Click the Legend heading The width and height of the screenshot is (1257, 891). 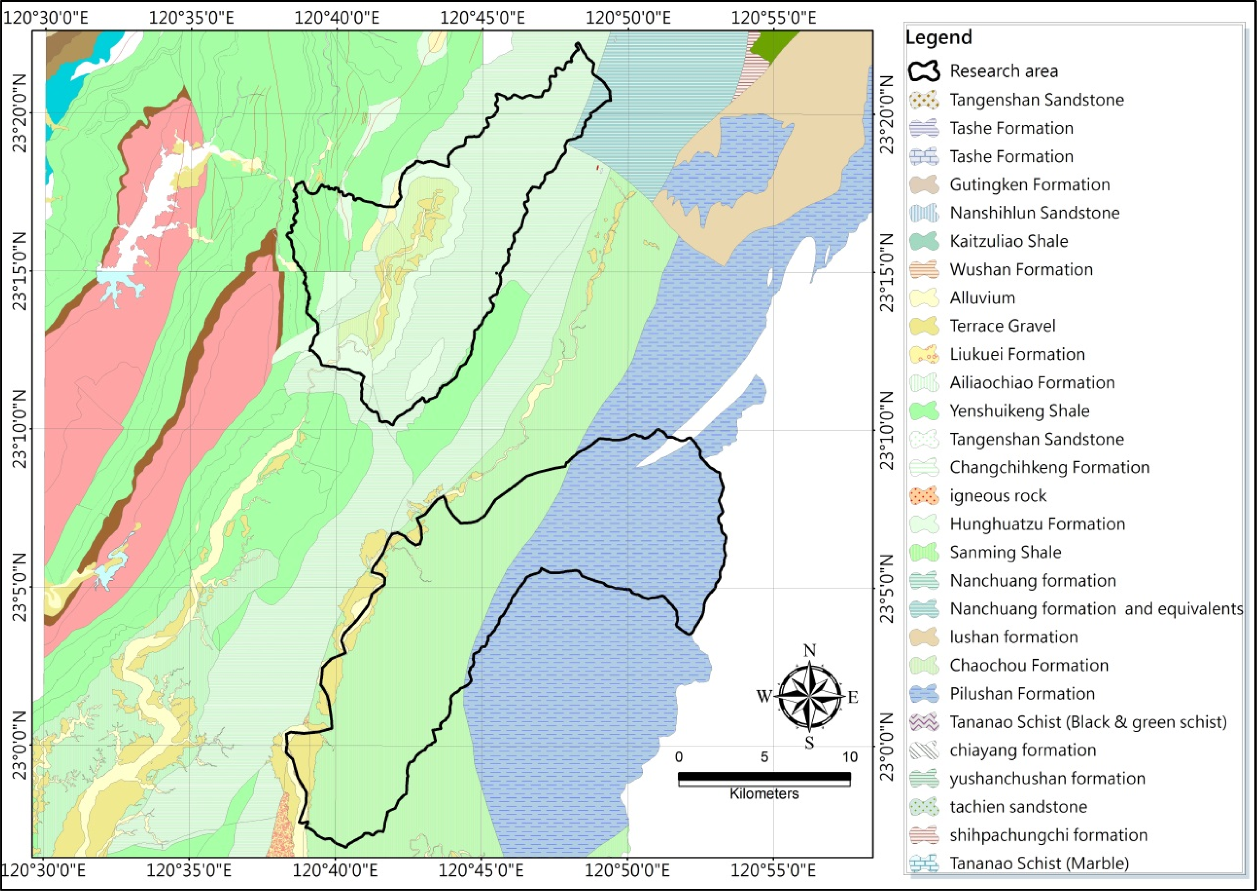(938, 37)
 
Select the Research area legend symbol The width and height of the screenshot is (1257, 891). (924, 71)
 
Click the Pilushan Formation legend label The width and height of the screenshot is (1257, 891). (1022, 693)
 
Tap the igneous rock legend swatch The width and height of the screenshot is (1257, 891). (924, 496)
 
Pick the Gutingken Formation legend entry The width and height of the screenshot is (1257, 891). (1030, 184)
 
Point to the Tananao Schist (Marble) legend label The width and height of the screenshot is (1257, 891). (1039, 863)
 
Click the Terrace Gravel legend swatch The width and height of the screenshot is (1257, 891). (924, 326)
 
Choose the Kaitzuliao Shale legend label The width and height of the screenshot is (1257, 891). (1008, 241)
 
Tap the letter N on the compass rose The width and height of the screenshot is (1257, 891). (809, 651)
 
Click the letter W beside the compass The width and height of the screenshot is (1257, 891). (764, 696)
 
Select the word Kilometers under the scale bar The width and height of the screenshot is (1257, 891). (764, 794)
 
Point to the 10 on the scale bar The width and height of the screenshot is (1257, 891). (850, 757)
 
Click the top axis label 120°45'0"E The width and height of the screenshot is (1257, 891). (482, 18)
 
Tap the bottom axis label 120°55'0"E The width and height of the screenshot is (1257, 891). (773, 871)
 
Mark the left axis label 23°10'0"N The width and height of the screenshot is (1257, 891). (20, 429)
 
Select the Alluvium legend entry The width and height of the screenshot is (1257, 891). (982, 298)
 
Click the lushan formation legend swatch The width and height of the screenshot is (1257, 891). (924, 637)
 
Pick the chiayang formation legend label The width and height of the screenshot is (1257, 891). (1022, 750)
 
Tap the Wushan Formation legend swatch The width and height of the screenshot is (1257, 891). (924, 269)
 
